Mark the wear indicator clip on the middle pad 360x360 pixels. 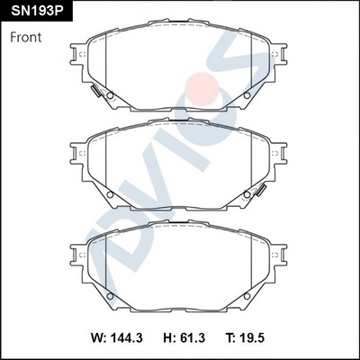(262, 189)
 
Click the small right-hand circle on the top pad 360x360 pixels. (250, 96)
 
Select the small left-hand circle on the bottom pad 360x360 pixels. (109, 294)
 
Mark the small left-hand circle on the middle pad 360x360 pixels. (109, 193)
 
